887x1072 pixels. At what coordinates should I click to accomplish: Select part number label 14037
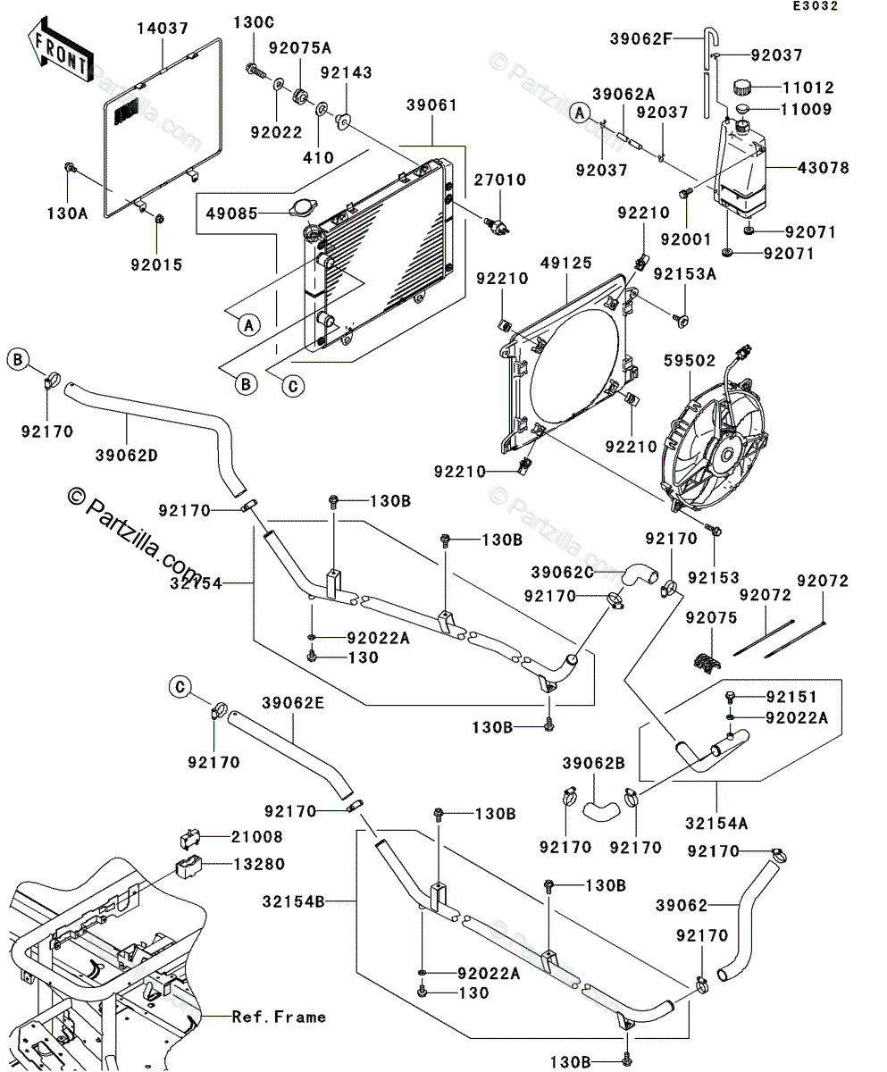coord(163,29)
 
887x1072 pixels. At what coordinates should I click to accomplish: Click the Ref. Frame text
coord(280,1017)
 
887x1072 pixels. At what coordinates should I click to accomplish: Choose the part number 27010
coord(501,180)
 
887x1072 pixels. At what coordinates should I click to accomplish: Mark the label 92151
coord(790,696)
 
